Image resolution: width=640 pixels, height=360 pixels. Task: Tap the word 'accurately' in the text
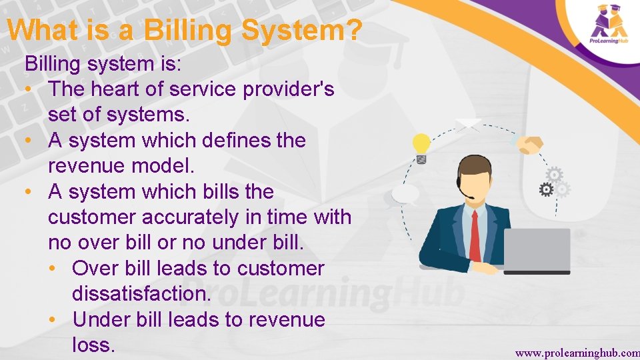[185, 217]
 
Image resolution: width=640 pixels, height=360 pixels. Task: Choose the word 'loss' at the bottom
[93, 345]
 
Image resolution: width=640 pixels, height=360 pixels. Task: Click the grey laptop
[537, 250]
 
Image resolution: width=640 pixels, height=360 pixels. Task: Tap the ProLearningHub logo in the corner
[609, 24]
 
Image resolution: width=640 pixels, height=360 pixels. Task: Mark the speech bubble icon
[406, 194]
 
